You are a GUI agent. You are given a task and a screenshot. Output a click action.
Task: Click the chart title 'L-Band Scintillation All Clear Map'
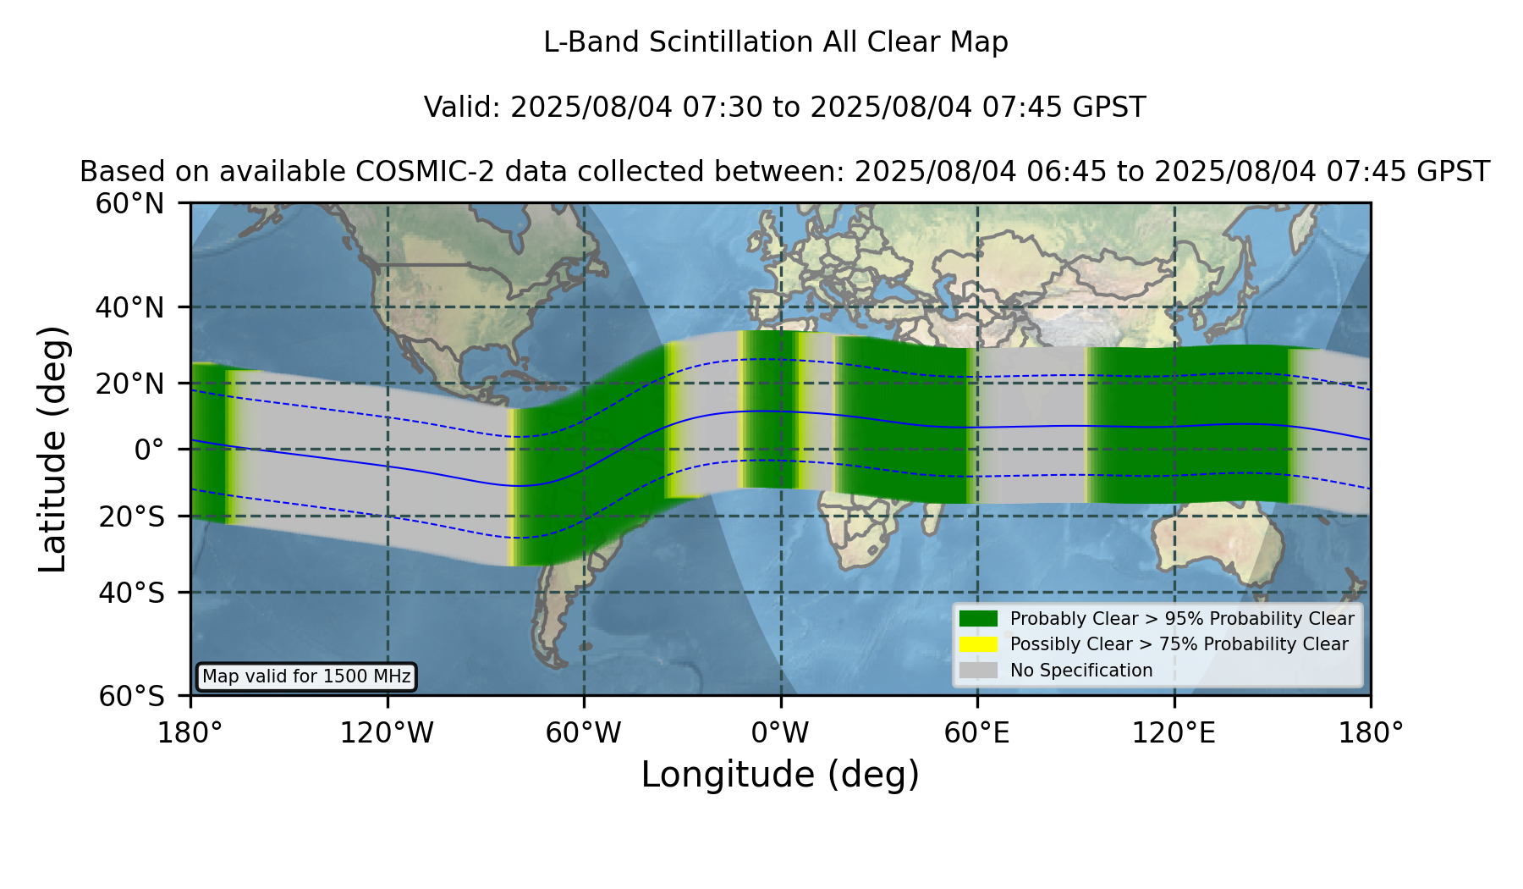[x=776, y=42]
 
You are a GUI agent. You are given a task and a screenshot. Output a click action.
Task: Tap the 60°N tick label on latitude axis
[x=130, y=204]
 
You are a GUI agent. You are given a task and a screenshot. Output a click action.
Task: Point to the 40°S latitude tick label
[x=131, y=593]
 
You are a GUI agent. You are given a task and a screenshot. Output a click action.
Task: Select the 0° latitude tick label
[x=149, y=450]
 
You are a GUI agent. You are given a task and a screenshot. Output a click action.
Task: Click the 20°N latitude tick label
[x=130, y=384]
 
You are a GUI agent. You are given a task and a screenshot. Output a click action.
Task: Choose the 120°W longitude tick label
[x=387, y=732]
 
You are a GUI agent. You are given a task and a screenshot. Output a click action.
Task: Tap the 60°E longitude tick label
[x=977, y=732]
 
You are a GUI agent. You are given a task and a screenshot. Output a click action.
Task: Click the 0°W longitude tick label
[x=780, y=732]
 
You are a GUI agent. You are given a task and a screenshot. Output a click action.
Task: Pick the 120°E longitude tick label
[x=1174, y=732]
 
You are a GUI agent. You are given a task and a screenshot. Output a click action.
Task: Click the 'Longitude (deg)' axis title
[x=780, y=775]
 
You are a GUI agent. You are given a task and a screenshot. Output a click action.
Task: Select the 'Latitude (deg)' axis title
[x=52, y=449]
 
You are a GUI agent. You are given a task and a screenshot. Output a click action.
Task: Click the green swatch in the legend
[x=979, y=619]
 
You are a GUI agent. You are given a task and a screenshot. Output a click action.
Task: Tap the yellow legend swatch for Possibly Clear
[x=979, y=644]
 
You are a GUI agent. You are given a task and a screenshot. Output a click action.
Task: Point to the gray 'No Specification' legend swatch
[x=979, y=671]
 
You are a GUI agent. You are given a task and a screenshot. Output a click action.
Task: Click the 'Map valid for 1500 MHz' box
[x=306, y=676]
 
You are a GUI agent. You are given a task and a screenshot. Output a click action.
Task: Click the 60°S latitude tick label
[x=131, y=696]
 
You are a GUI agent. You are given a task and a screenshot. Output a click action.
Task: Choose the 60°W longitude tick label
[x=583, y=732]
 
